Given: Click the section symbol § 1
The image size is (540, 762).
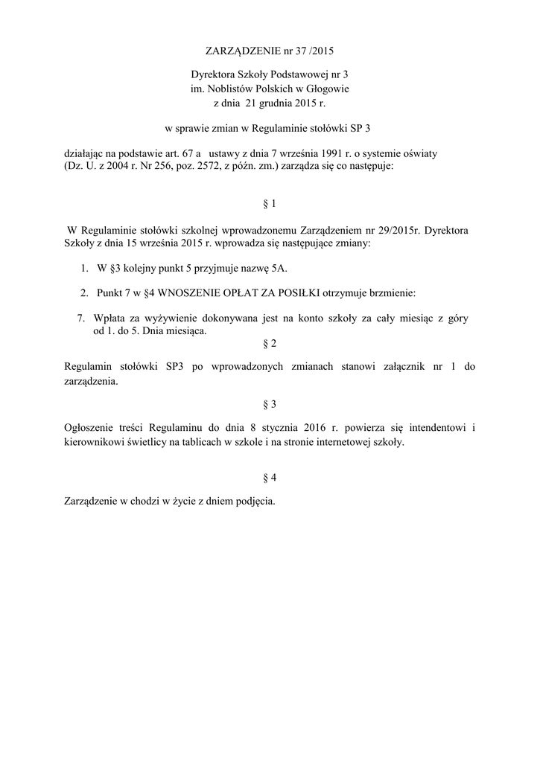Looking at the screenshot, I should pos(270,203).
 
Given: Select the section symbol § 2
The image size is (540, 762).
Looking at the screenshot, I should pos(270,344).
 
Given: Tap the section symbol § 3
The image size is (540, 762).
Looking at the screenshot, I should pos(270,404).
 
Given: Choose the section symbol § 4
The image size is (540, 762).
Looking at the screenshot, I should pos(270,476).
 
